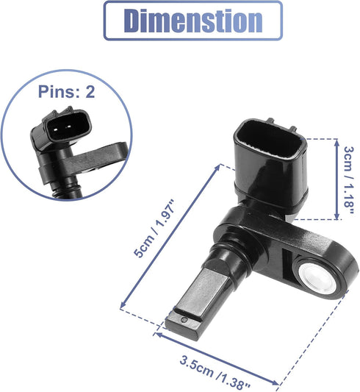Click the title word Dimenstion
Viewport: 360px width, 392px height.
pos(193,21)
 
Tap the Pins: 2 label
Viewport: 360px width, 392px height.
pos(66,91)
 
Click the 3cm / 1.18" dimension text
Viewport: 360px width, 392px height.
pos(349,180)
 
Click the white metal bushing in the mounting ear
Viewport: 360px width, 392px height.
pos(317,278)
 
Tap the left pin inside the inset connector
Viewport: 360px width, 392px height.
pos(56,129)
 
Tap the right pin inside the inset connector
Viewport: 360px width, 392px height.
pos(68,128)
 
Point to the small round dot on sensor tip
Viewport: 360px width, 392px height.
pos(184,319)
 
